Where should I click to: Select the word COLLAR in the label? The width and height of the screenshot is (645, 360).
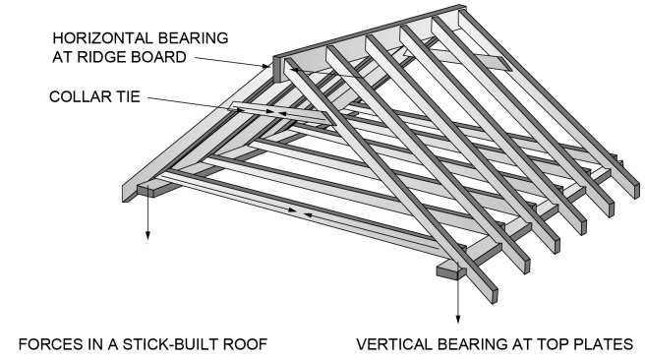(x=80, y=96)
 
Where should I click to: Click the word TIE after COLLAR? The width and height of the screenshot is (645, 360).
(x=128, y=96)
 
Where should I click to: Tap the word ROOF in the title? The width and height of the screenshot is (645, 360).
(x=245, y=344)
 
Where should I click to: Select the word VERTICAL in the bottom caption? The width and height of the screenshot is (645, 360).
(x=391, y=344)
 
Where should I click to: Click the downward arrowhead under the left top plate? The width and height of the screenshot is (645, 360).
(x=147, y=235)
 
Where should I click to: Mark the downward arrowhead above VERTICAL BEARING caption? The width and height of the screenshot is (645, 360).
(x=457, y=319)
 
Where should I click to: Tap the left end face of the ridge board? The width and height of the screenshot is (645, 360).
(x=277, y=69)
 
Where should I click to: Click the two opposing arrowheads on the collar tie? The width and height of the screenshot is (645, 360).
(x=274, y=112)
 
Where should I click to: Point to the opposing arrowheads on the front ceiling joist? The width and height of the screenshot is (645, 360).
(x=300, y=211)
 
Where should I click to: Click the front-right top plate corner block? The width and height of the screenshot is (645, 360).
(x=451, y=270)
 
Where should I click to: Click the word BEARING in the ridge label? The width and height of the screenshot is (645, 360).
(x=194, y=37)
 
